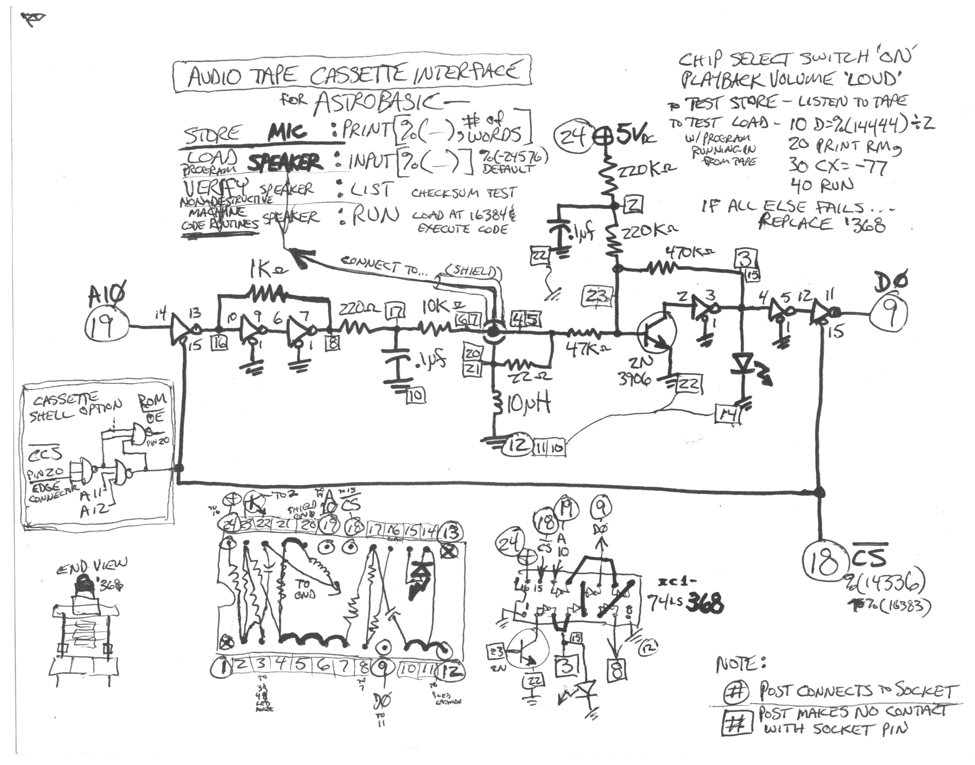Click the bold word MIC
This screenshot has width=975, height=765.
pyautogui.click(x=287, y=132)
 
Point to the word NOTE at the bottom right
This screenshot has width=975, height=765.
pyautogui.click(x=741, y=664)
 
